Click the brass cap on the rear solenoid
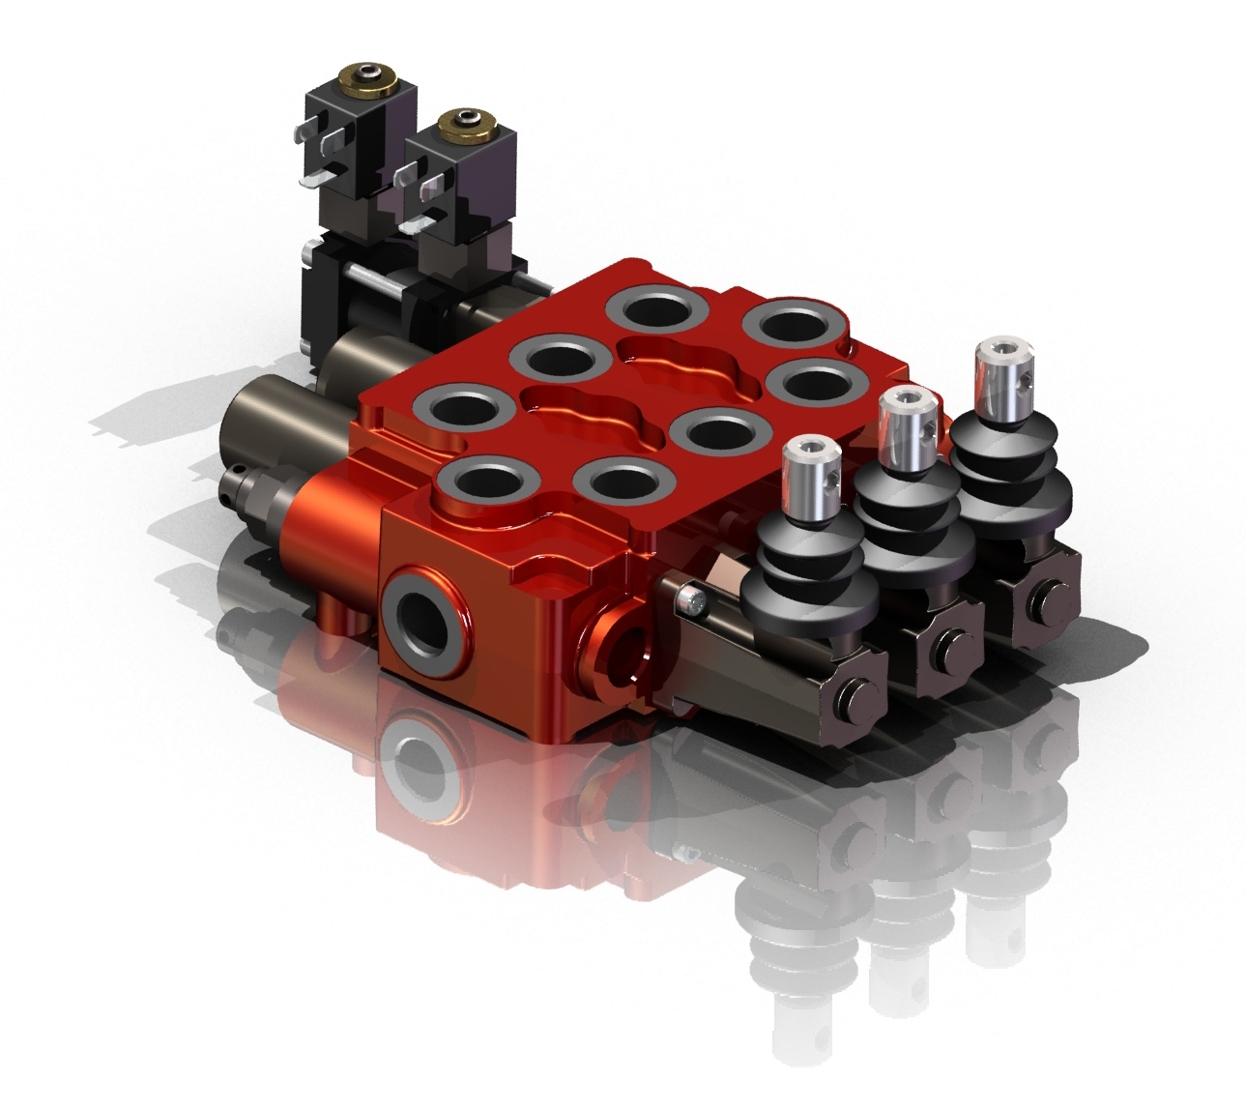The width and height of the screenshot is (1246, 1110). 369,75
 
